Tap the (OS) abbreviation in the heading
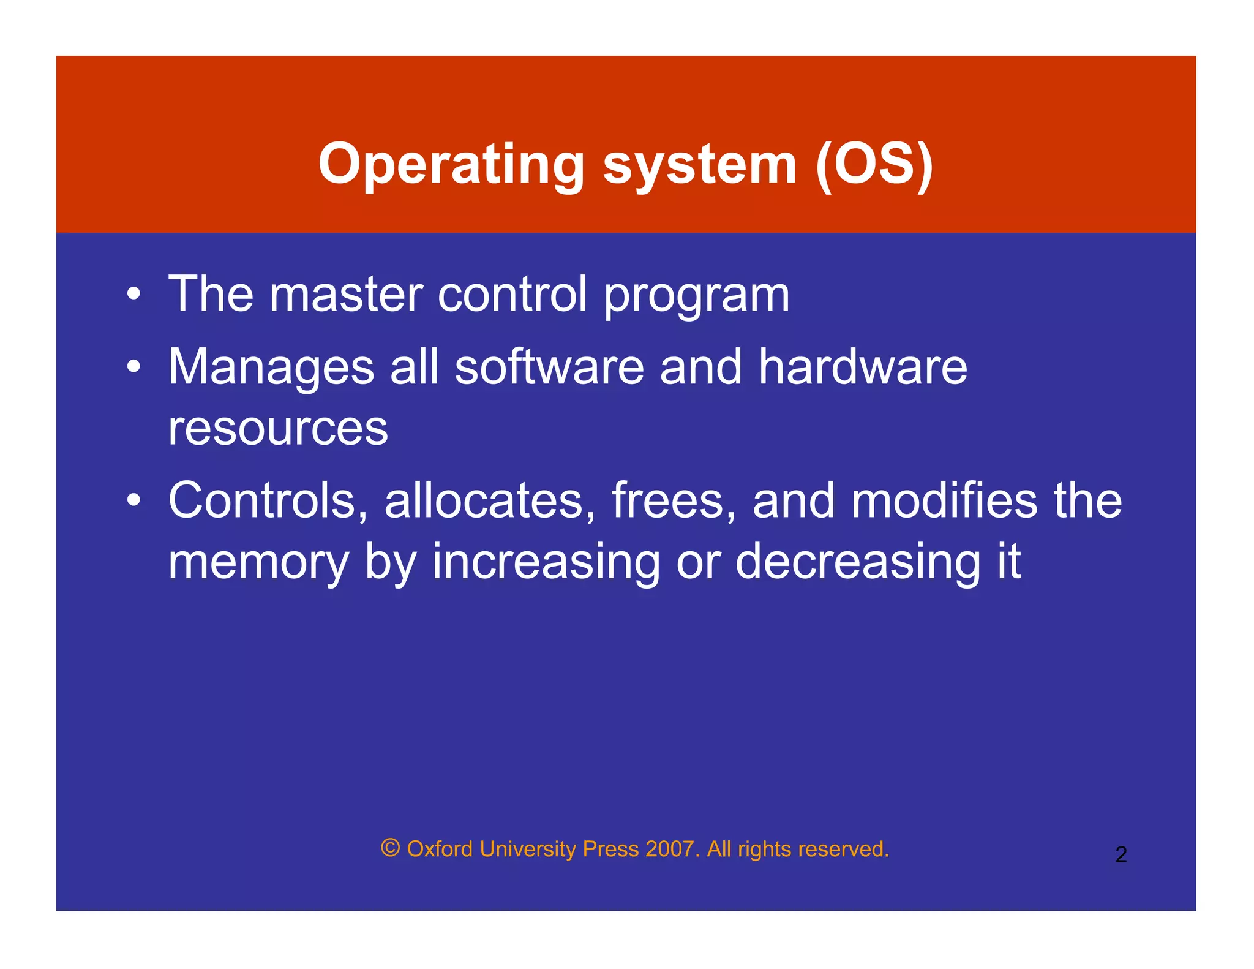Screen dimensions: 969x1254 point(874,164)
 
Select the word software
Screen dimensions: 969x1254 point(549,368)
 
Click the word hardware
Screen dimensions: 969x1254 point(863,368)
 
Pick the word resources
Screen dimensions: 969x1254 point(278,429)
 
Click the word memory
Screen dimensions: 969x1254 point(258,562)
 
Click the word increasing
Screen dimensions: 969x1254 point(546,562)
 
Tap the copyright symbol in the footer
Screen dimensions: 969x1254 point(391,848)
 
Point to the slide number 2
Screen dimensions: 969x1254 point(1121,854)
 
